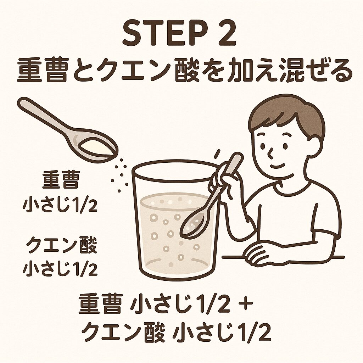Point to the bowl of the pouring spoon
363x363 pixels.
click(x=97, y=147)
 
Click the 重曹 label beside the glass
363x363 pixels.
click(x=61, y=180)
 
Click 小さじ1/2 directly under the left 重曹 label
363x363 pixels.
click(x=60, y=205)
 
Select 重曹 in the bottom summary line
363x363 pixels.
click(x=100, y=303)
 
